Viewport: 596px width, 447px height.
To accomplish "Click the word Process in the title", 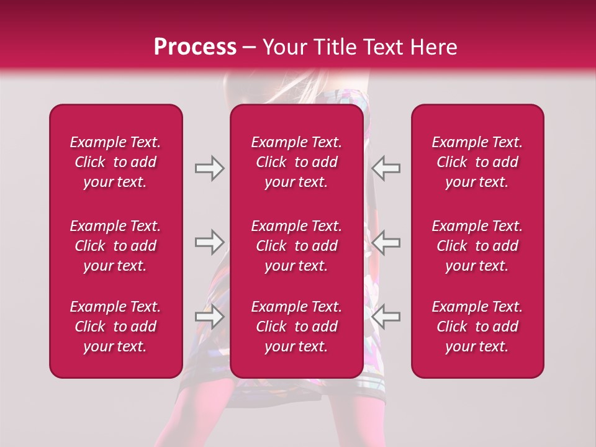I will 195,47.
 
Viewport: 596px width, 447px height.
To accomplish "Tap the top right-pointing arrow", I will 209,168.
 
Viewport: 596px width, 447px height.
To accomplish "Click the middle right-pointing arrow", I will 209,242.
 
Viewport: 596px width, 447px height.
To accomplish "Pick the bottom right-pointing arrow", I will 209,316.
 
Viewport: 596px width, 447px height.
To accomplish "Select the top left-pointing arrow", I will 386,168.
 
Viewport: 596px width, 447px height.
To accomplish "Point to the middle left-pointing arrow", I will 386,242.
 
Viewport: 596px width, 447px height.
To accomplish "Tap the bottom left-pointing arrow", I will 386,316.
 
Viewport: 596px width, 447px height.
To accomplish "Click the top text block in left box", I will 115,162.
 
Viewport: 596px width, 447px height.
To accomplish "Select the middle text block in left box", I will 115,246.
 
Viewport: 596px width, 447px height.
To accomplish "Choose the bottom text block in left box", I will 115,327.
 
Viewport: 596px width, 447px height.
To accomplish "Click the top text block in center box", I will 297,162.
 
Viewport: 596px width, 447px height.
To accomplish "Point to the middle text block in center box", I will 297,246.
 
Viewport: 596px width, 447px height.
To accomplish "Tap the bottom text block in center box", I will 297,327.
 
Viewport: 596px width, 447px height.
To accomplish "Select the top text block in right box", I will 477,162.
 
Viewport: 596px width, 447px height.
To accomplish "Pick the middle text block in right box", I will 477,246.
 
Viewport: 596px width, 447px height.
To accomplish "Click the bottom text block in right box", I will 477,327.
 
